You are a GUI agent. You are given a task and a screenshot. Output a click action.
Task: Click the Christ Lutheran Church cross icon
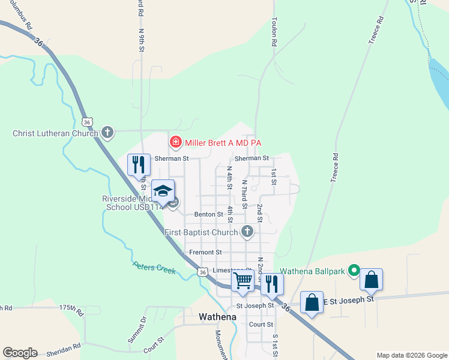click(x=107, y=133)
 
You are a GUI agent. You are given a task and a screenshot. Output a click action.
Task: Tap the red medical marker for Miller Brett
click(x=176, y=142)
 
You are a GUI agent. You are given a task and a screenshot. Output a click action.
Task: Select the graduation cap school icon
click(x=163, y=191)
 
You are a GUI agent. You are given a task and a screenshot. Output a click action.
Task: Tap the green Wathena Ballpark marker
click(x=354, y=271)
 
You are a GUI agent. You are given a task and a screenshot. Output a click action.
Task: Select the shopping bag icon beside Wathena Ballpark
click(x=372, y=280)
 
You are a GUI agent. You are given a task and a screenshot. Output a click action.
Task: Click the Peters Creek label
click(x=154, y=268)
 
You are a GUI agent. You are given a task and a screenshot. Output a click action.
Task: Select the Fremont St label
click(x=205, y=253)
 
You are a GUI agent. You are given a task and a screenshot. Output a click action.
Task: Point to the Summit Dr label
click(x=137, y=331)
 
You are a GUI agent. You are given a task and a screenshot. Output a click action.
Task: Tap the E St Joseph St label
click(x=350, y=298)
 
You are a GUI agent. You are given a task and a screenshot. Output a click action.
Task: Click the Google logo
click(x=20, y=353)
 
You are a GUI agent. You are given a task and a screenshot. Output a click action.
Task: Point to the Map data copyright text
click(x=411, y=355)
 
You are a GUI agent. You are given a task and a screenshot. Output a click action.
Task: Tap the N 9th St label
click(x=142, y=40)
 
